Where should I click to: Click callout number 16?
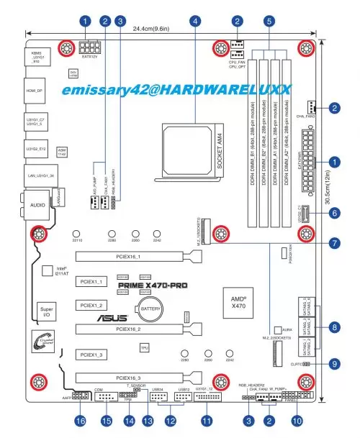point(81,420)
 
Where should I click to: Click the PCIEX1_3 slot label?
point(92,355)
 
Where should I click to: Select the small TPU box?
point(144,347)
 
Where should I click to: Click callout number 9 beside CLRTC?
point(334,365)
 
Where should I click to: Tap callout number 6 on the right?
point(334,213)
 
